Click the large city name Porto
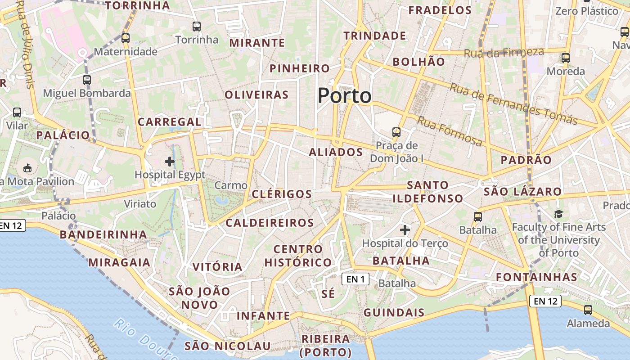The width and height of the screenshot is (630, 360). tap(345, 96)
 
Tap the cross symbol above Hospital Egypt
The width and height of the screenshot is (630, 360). tap(170, 162)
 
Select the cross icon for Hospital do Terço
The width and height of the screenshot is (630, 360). tap(405, 230)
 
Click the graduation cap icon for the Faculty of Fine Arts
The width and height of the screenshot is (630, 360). tap(558, 214)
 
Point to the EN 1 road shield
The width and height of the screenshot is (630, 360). tap(355, 279)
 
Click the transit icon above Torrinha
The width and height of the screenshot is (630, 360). tap(196, 27)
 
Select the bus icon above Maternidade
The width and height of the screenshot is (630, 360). tap(126, 38)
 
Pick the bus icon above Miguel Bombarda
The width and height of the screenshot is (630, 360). tap(87, 80)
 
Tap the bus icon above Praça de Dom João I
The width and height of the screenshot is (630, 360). tap(396, 132)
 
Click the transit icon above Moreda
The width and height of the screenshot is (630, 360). tap(566, 58)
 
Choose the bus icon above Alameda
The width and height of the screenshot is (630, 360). tap(588, 310)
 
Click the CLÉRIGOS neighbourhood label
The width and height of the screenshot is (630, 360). tap(282, 194)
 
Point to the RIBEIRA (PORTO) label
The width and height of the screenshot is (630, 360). tap(326, 345)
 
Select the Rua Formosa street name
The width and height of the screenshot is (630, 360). tap(449, 131)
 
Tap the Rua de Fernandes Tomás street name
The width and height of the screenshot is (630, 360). tap(513, 104)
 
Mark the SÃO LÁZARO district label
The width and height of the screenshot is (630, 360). tap(522, 192)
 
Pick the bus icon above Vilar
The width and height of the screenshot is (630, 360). tap(17, 112)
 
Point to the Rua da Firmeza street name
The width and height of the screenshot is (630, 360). tap(504, 53)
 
